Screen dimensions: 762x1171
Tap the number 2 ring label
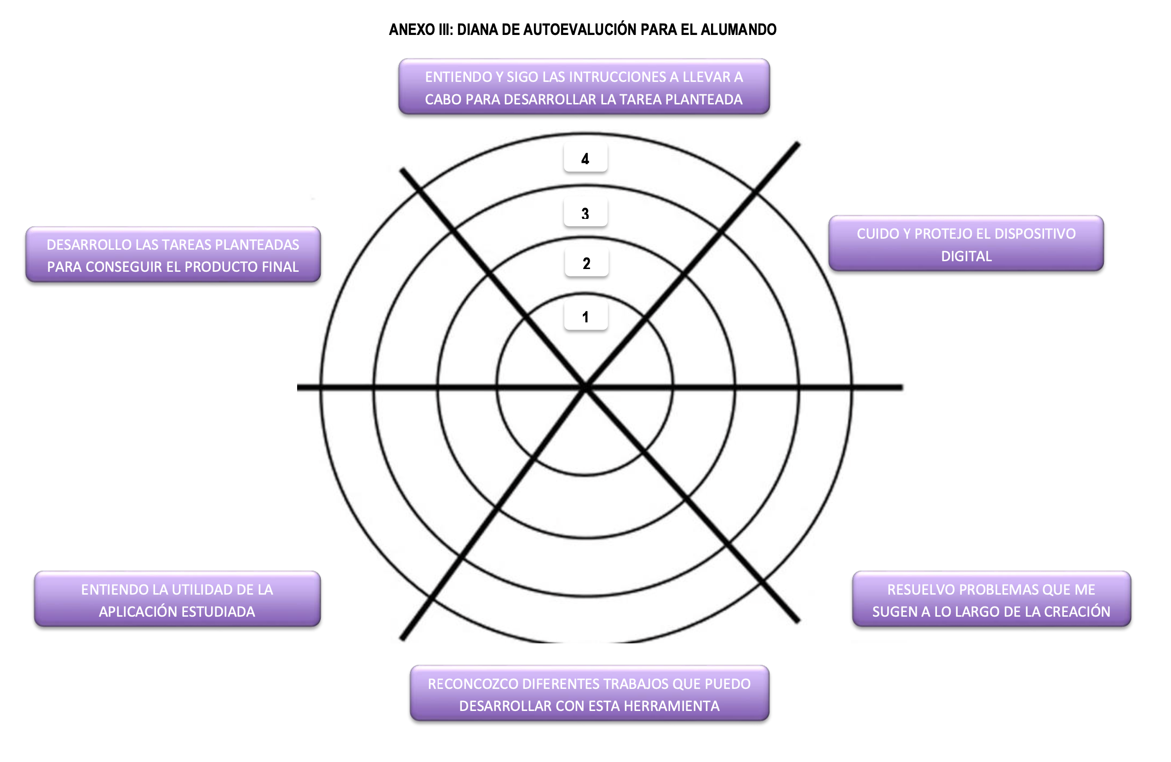[586, 263]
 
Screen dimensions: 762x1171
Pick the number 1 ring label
[585, 317]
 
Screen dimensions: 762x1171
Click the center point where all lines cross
[585, 388]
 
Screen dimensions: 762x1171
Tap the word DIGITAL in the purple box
[966, 256]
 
